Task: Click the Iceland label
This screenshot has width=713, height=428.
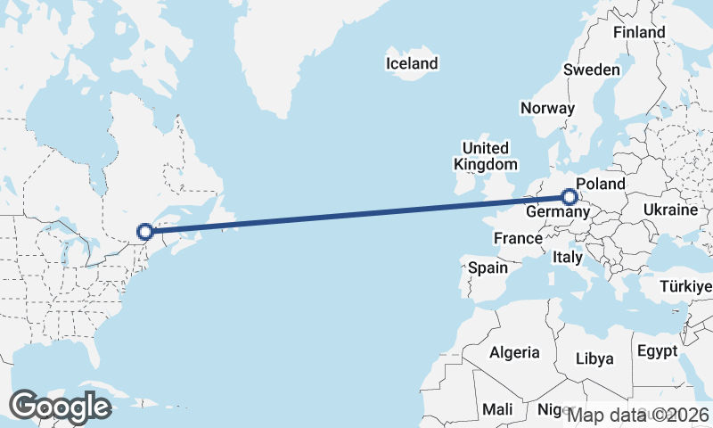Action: (x=412, y=63)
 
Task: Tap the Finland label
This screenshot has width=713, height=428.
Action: (x=639, y=32)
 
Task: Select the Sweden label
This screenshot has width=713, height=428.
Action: (x=592, y=70)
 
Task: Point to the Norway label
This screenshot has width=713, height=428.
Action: (x=548, y=108)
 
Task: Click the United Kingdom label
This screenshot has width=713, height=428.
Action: (x=485, y=156)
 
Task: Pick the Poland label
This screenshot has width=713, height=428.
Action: (x=601, y=185)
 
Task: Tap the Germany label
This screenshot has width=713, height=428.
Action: (x=557, y=213)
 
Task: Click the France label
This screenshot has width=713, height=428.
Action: (x=518, y=238)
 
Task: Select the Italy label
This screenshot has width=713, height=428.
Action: (x=568, y=257)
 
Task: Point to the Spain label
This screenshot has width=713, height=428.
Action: (x=488, y=267)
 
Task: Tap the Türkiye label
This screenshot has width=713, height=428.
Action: (x=685, y=286)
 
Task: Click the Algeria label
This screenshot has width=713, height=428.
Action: (x=514, y=352)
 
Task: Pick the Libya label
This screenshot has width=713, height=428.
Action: (x=595, y=358)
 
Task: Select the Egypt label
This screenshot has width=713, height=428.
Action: (x=660, y=351)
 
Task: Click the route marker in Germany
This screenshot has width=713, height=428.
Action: (x=570, y=196)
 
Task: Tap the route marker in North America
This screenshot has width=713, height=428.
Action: (x=145, y=232)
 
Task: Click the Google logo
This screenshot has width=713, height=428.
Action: (x=60, y=407)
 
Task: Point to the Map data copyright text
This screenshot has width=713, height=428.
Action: (x=639, y=415)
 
